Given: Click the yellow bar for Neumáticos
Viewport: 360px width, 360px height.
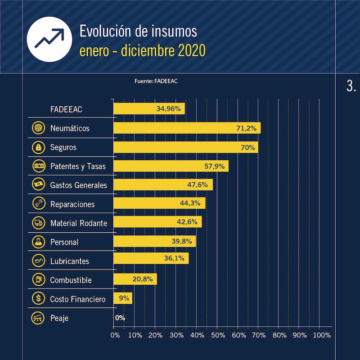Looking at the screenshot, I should click(x=187, y=128).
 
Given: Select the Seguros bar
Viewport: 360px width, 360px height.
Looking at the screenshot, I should click(x=185, y=147).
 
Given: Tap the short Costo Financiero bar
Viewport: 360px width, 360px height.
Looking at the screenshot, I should click(x=123, y=298).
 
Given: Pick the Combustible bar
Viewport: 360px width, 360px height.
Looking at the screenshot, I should click(x=135, y=279).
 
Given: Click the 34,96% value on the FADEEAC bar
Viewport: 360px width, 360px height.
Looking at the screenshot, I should click(x=168, y=109).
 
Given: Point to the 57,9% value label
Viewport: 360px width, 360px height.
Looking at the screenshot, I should click(x=214, y=166).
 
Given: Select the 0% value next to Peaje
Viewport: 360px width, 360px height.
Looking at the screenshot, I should click(x=120, y=318).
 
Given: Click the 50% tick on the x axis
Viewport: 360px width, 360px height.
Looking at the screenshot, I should click(x=217, y=335).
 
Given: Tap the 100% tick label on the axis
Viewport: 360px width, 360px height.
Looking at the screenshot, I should click(x=321, y=335).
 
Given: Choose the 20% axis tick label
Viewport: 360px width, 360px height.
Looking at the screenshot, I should click(x=155, y=335).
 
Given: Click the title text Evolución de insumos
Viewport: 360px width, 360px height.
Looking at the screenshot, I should click(x=138, y=31).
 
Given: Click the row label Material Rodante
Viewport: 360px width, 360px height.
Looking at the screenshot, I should click(x=79, y=223).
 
